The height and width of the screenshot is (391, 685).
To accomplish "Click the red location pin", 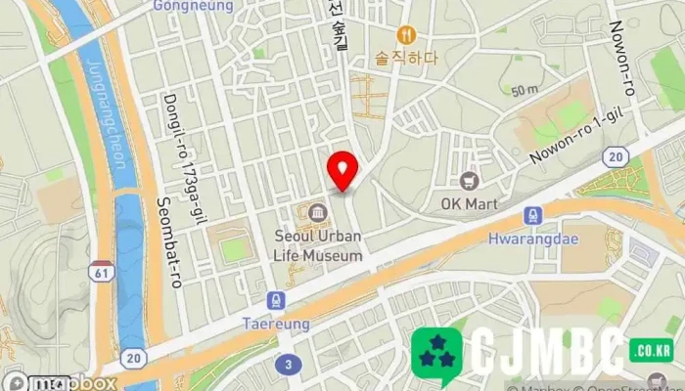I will [342, 170].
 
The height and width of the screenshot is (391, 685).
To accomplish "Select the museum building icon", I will [316, 212].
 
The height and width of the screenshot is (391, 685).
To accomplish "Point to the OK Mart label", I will [470, 203].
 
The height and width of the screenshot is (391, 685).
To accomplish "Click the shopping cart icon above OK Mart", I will [470, 181].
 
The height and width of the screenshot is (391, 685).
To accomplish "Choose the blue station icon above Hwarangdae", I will [532, 215].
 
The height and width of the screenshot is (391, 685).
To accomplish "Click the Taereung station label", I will [277, 323].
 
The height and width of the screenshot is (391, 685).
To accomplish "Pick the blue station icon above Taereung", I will [277, 301].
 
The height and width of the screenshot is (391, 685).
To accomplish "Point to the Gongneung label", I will [194, 6].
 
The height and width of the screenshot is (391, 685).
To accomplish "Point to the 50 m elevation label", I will [525, 90].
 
